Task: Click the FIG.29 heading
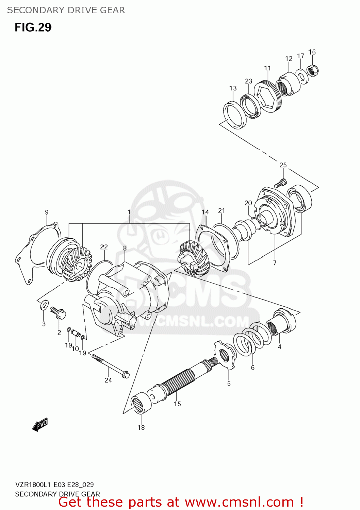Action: pyautogui.click(x=33, y=27)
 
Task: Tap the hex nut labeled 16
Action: pyautogui.click(x=313, y=71)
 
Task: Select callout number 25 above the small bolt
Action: pyautogui.click(x=283, y=165)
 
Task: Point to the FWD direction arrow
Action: pyautogui.click(x=40, y=425)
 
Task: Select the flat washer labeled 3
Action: pyautogui.click(x=44, y=305)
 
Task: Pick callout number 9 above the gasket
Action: pyautogui.click(x=47, y=212)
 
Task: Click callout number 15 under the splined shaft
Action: pyautogui.click(x=177, y=404)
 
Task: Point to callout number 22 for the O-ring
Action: pyautogui.click(x=104, y=247)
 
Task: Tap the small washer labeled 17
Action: pyautogui.click(x=301, y=76)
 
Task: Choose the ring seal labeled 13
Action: pyautogui.click(x=235, y=115)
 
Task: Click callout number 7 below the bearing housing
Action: pyautogui.click(x=275, y=263)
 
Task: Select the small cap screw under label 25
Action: pyautogui.click(x=280, y=184)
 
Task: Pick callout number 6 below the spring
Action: pyautogui.click(x=252, y=368)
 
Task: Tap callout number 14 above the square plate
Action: pyautogui.click(x=205, y=212)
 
